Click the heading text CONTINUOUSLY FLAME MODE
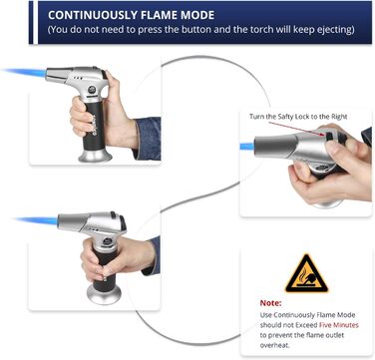point(132,15)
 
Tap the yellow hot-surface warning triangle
point(306,273)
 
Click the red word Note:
point(270,303)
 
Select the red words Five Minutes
point(339,325)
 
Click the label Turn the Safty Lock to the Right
point(298,117)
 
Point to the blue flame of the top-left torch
point(24,72)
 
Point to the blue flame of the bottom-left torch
point(37,220)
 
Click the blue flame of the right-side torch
point(247,146)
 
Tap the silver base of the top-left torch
point(95,155)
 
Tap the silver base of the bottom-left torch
point(104,294)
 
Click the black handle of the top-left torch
point(95,126)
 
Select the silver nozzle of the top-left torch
point(59,75)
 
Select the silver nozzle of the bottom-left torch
point(72,221)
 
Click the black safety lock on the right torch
point(330,136)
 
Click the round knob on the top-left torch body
point(92,90)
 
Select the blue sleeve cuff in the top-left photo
point(148,138)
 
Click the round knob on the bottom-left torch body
point(107,241)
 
